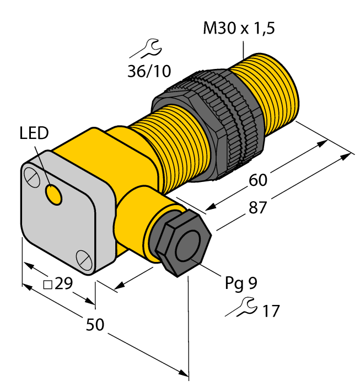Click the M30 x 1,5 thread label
point(239,28)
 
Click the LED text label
point(34,133)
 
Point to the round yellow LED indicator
point(53,194)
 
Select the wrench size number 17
point(270,311)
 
